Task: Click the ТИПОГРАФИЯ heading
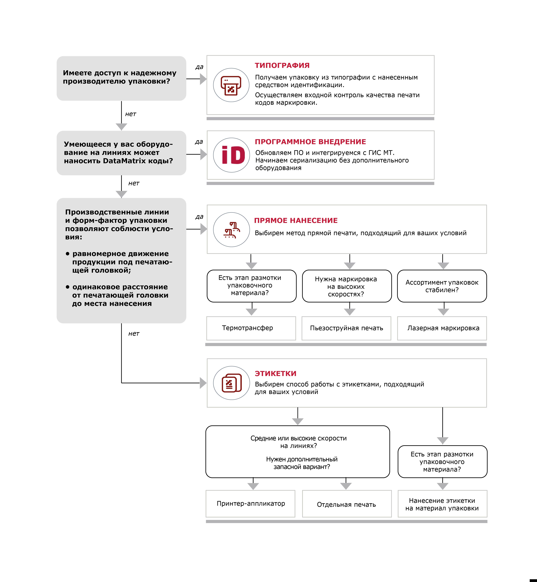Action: point(282,65)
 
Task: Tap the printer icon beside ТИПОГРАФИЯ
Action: point(231,85)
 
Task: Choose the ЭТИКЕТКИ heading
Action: point(275,373)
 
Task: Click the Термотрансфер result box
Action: point(251,328)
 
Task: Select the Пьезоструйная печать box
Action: point(346,328)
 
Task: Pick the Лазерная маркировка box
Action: point(442,328)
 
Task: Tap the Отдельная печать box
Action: point(347,504)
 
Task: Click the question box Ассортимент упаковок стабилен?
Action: point(442,286)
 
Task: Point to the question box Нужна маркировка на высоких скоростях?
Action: point(347,286)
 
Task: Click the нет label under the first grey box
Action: point(130,114)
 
